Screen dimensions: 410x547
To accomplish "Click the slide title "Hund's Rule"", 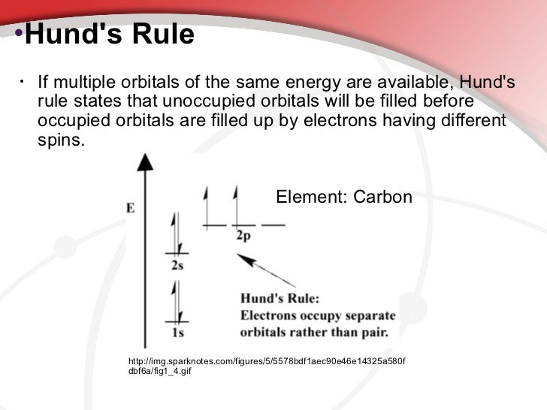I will [x=110, y=35].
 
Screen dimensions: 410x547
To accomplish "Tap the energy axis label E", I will [x=130, y=209].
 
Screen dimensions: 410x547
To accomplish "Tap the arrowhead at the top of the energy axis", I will [x=148, y=160].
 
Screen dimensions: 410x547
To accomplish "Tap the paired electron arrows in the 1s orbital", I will [x=177, y=300].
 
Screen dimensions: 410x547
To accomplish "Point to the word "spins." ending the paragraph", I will [x=62, y=140].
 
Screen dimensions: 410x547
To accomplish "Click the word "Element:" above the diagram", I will [x=306, y=197].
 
